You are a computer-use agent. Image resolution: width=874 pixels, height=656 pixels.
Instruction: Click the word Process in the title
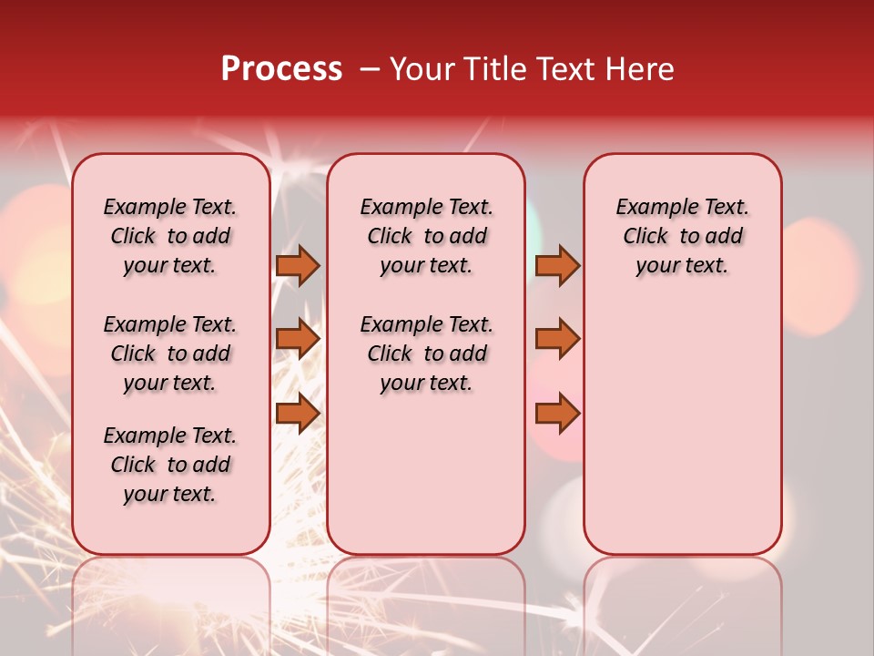[281, 69]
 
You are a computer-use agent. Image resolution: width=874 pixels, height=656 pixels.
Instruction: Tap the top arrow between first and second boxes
[298, 265]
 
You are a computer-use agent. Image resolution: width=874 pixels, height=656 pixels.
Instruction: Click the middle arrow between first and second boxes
[298, 339]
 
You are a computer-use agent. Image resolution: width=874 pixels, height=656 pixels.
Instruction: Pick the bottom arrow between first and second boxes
[298, 414]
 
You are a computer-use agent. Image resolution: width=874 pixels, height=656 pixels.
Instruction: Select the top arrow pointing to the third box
[557, 265]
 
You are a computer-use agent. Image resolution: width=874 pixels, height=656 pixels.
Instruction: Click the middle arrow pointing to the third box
[557, 339]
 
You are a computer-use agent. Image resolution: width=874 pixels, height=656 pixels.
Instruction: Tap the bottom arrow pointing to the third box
[557, 414]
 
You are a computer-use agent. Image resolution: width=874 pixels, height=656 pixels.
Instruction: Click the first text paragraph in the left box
[170, 236]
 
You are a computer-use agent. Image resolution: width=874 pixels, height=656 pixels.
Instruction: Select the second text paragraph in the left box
[170, 354]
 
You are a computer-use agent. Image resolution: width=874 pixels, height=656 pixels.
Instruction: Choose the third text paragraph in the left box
[170, 465]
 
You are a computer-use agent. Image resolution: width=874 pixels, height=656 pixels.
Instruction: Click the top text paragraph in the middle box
[427, 236]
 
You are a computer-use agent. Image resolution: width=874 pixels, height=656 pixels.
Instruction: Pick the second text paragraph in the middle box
[427, 354]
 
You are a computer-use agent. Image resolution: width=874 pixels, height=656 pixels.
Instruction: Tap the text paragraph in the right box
[683, 236]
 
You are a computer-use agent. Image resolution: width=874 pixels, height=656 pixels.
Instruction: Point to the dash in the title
[369, 70]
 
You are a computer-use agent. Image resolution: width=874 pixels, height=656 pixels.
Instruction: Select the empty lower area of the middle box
[427, 474]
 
